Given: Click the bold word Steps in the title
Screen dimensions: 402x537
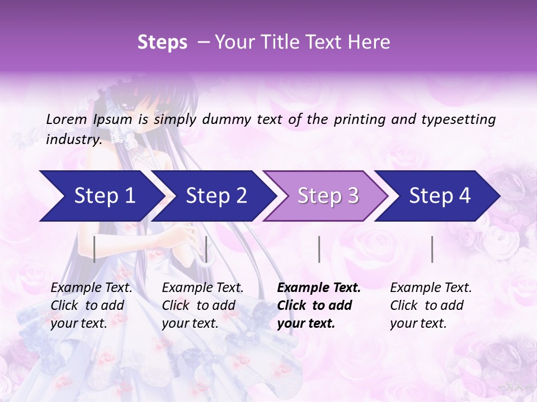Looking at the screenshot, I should (x=162, y=42).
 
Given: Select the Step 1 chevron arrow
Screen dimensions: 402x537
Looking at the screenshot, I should (x=101, y=196).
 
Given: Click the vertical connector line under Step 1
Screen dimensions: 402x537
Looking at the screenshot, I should (x=95, y=249).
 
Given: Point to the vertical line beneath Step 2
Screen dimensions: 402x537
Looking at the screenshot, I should (x=206, y=249).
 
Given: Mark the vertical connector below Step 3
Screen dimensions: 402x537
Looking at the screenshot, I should (x=319, y=249).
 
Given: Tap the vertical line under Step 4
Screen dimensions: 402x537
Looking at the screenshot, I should (x=432, y=249).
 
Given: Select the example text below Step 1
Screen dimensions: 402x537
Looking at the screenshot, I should (x=91, y=305).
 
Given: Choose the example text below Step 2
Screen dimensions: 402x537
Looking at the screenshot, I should (x=202, y=305).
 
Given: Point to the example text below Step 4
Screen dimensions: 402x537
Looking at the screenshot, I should (x=431, y=305).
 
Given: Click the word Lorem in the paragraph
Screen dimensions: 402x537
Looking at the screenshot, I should (x=67, y=119).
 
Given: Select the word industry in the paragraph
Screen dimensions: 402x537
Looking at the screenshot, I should (x=73, y=140).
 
